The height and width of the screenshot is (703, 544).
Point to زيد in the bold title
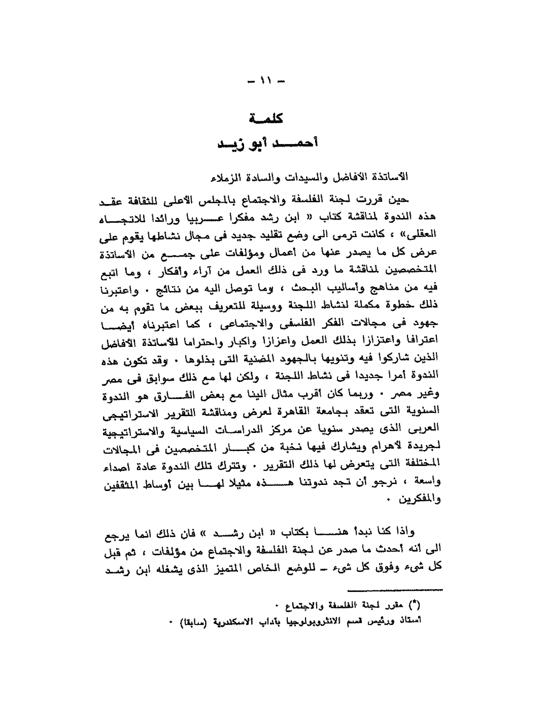coord(230,144)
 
